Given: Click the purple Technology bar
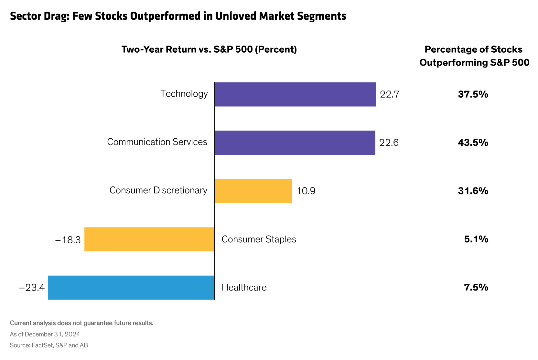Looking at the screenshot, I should point(295,94).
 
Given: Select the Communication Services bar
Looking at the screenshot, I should point(295,143).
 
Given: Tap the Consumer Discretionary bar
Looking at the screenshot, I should point(253,191).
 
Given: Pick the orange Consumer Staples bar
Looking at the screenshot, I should point(149,239).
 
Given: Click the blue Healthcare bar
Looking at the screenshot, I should point(131,288).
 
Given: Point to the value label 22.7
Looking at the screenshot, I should point(390,94).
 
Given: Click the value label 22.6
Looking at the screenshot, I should point(389,143).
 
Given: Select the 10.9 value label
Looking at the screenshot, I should point(306,191).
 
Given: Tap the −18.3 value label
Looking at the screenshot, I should point(68,240).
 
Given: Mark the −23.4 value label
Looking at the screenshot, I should point(32,288).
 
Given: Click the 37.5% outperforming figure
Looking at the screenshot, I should point(473,94).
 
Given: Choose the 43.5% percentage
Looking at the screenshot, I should point(473,143).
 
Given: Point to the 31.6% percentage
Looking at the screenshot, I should point(473,191).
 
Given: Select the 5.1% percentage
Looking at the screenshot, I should point(476,239).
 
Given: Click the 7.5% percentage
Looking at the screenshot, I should point(476,287).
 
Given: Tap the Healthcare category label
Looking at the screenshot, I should point(244,288).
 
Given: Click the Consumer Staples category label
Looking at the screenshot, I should point(259,239).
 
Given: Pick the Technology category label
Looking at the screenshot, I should point(184,94).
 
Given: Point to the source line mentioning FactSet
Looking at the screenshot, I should point(49,345).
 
